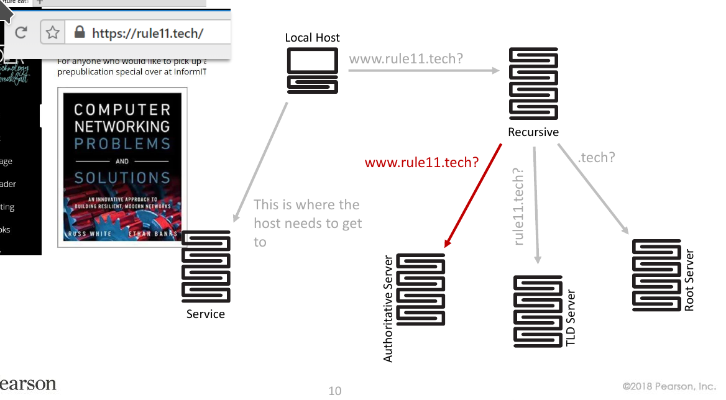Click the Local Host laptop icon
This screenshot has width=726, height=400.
pos(313,71)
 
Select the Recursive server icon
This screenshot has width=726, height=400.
pos(533,84)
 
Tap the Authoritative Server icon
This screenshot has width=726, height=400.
pos(421,289)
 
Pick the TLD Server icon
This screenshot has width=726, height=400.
pos(538,311)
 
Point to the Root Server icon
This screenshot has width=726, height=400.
pos(656,275)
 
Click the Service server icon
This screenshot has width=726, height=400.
pos(206,266)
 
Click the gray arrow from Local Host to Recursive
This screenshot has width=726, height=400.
pos(423,71)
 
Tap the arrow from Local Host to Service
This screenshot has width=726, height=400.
pos(260,161)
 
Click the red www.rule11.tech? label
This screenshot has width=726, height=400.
pos(421,163)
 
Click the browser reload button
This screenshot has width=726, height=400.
pos(21,32)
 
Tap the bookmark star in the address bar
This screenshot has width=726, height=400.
pos(53,32)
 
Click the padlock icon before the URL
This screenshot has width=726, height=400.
pos(79,32)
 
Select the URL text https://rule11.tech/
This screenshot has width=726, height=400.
pos(147,32)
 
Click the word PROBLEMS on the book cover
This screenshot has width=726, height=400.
pos(122,143)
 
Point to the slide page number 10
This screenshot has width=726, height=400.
pos(335,391)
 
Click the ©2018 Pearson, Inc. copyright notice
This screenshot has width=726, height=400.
pos(669,386)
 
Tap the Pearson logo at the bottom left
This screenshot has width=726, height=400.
pos(28,384)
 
